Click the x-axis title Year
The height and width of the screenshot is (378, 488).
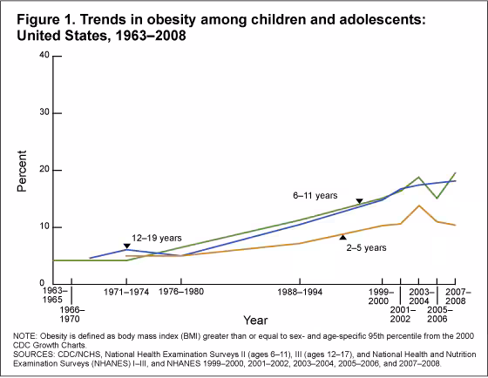pos(255,320)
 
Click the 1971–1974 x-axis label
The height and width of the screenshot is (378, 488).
pos(127,294)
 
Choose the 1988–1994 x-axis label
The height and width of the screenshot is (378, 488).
pos(300,294)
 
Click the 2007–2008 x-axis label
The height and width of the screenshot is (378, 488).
pos(457,294)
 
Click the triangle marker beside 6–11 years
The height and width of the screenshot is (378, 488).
pos(359,201)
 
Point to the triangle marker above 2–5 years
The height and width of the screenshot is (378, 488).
pos(342,236)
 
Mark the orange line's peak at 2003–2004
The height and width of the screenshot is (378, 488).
pos(419,206)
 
